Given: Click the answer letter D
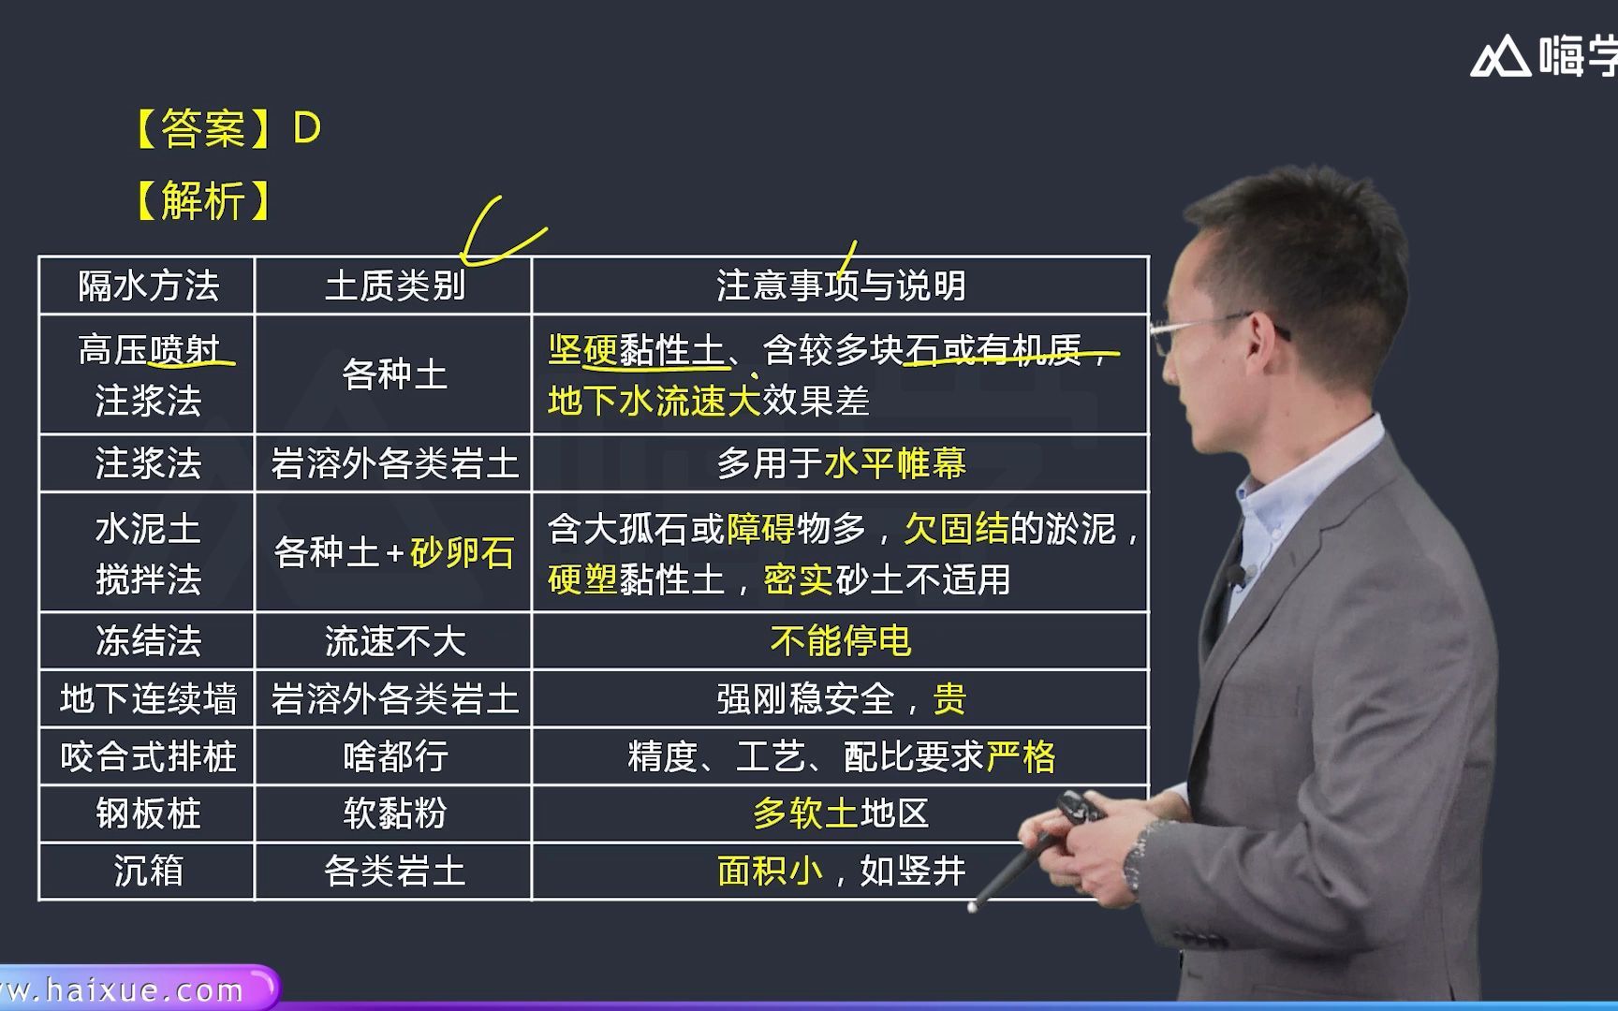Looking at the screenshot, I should (x=307, y=128).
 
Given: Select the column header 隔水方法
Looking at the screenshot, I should (x=148, y=286).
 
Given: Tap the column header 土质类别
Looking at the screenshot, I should (x=394, y=286).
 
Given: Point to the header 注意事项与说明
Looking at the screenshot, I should (x=840, y=286).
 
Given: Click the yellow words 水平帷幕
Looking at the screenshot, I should (x=894, y=463).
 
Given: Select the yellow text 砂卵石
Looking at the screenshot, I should (x=462, y=552).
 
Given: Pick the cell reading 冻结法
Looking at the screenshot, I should (x=148, y=641).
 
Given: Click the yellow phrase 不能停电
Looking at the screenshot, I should (x=840, y=641).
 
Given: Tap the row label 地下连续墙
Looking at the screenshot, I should (x=148, y=699).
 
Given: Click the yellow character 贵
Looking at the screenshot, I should (x=949, y=699).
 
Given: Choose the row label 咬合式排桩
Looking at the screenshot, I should (x=148, y=756).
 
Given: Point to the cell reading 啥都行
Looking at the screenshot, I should (x=394, y=756).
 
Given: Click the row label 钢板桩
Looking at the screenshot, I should (x=148, y=813).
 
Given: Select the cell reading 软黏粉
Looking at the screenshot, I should (x=394, y=813).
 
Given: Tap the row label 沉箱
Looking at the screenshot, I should (x=148, y=871).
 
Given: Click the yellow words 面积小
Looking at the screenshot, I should (x=770, y=871).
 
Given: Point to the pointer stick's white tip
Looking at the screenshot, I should (x=973, y=906).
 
